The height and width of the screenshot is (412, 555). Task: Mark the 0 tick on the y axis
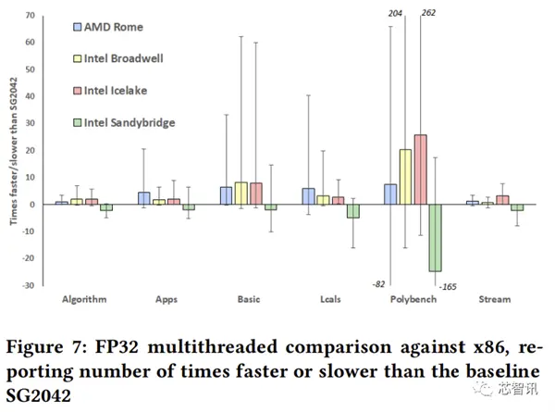pyautogui.click(x=32, y=205)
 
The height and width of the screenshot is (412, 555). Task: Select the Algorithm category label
pyautogui.click(x=84, y=300)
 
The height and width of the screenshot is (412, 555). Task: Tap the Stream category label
pyautogui.click(x=494, y=300)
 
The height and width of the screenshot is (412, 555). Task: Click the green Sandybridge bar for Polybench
pyautogui.click(x=434, y=237)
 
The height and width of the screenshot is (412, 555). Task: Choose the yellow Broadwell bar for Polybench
pyautogui.click(x=405, y=177)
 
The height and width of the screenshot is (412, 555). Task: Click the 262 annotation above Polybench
pyautogui.click(x=428, y=12)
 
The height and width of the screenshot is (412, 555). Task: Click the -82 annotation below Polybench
pyautogui.click(x=378, y=283)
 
